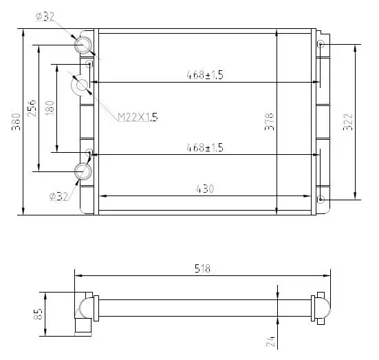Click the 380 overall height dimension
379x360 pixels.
click(17, 122)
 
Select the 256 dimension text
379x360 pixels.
click(32, 108)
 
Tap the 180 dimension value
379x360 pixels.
click(50, 108)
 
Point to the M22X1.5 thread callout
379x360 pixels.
click(138, 117)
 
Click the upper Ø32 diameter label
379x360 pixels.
click(45, 17)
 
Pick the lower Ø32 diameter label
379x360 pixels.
click(58, 196)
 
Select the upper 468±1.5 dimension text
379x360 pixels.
click(205, 75)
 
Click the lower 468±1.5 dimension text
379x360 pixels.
click(205, 147)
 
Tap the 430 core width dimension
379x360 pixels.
click(205, 189)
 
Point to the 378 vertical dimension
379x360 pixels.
click(269, 122)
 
